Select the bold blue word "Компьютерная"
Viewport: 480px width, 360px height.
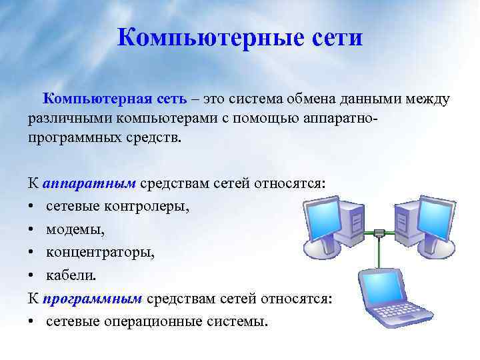point(99,99)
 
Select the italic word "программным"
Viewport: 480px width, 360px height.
point(93,299)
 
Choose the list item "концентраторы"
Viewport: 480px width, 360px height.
point(100,253)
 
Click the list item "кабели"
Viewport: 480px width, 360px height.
point(69,276)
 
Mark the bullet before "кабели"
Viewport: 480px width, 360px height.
point(32,276)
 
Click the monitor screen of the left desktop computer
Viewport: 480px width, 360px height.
point(324,220)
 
